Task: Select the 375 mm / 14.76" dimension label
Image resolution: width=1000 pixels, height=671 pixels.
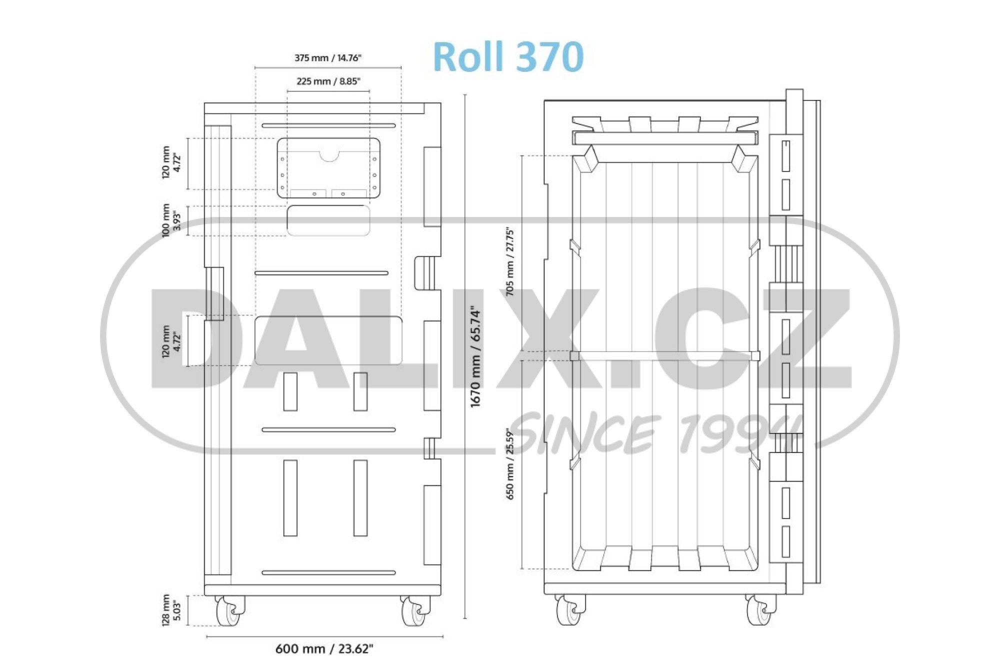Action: click(327, 58)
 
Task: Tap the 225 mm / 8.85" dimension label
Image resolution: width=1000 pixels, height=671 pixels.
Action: click(328, 81)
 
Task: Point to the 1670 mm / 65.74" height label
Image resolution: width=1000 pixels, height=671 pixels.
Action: click(475, 357)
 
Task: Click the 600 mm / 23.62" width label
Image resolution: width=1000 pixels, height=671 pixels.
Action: click(324, 648)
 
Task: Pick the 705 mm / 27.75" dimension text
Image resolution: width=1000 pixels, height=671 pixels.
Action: click(509, 261)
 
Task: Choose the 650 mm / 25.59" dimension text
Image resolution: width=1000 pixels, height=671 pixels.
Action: click(509, 463)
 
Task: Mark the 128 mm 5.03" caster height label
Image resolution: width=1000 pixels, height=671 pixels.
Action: click(171, 610)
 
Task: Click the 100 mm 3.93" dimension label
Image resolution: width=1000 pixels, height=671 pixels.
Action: click(171, 220)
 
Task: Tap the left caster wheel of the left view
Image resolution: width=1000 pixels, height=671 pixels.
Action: click(228, 611)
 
